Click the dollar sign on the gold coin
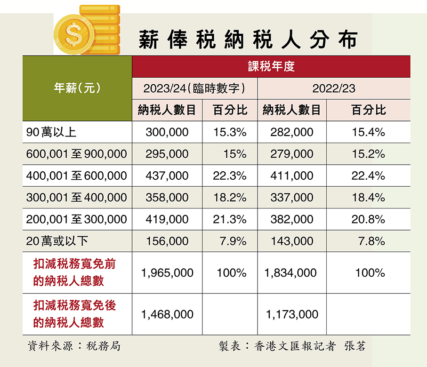click(74, 32)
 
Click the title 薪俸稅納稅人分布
click(248, 40)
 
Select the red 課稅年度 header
click(271, 66)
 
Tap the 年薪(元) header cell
click(78, 88)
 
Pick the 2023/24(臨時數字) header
click(194, 88)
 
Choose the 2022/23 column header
click(333, 88)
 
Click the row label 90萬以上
click(52, 132)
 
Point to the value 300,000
click(167, 132)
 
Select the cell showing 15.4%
click(368, 132)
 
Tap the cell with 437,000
click(167, 176)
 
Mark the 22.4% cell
click(368, 176)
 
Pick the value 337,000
click(292, 197)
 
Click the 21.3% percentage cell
click(230, 219)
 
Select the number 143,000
click(292, 241)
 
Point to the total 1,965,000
click(167, 272)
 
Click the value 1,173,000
click(292, 314)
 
